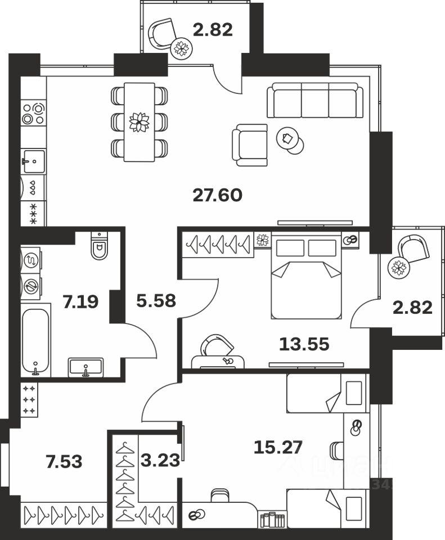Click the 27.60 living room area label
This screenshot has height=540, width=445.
click(217, 195)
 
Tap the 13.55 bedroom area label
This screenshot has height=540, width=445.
click(304, 343)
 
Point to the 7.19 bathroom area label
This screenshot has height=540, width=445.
click(81, 302)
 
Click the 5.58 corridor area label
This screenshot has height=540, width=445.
click(156, 301)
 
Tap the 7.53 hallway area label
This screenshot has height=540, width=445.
click(64, 462)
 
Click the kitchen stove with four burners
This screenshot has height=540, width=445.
click(33, 112)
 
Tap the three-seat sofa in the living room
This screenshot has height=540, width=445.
click(315, 101)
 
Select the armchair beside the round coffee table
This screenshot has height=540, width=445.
click(250, 145)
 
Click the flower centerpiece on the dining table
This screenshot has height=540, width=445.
click(138, 122)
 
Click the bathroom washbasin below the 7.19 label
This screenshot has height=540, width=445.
click(86, 368)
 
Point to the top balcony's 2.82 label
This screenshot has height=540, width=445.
click(212, 30)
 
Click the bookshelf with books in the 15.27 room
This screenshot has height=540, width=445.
click(273, 520)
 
